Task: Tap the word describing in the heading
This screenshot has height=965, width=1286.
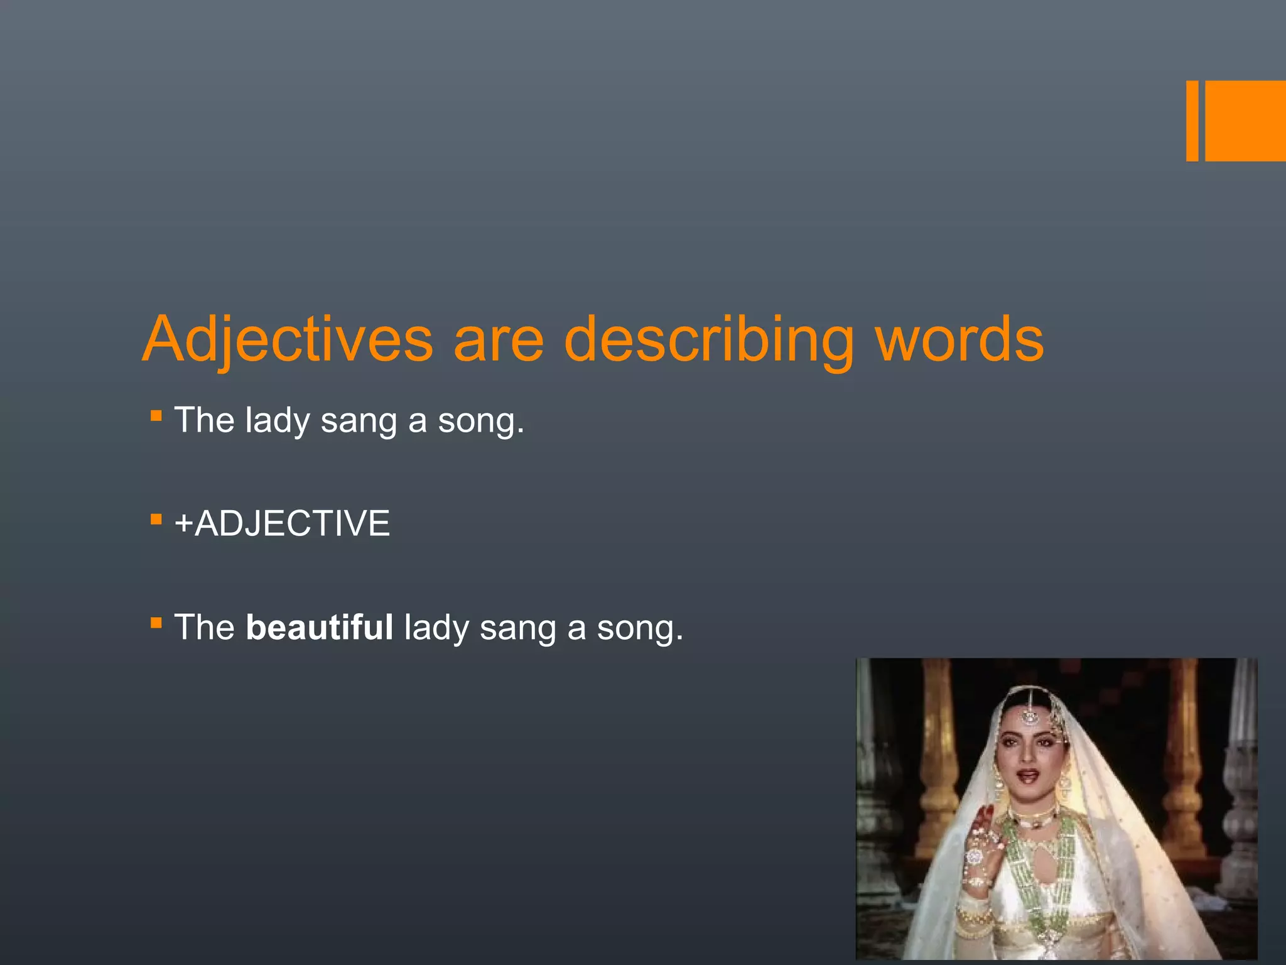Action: click(708, 340)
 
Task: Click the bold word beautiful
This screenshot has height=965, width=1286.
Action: click(319, 627)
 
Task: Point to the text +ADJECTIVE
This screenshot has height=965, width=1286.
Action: click(282, 523)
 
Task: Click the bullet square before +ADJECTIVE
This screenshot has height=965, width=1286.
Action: click(156, 520)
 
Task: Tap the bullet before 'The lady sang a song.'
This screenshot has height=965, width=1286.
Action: click(156, 416)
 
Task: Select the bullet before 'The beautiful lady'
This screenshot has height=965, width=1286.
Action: click(156, 623)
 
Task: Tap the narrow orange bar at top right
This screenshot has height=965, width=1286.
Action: click(1192, 121)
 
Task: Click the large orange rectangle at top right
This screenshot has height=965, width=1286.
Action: click(1245, 121)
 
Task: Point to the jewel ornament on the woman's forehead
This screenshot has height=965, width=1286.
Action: click(1029, 716)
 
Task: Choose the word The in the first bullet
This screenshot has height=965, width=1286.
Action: click(204, 420)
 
